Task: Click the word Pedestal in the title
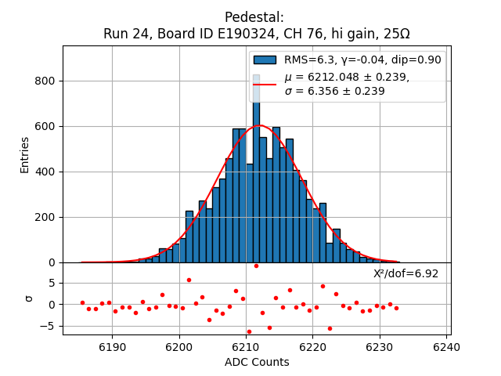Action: point(254,17)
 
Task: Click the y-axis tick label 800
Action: point(45,81)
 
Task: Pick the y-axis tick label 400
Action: point(45,172)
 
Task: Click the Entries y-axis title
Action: point(25,154)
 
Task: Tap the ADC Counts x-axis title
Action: point(257,362)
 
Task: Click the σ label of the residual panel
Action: point(29,298)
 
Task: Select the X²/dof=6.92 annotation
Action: point(405,273)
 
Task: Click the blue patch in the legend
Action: point(265,60)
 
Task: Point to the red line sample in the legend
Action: point(265,84)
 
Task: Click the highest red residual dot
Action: point(256,266)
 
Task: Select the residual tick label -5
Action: point(47,326)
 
